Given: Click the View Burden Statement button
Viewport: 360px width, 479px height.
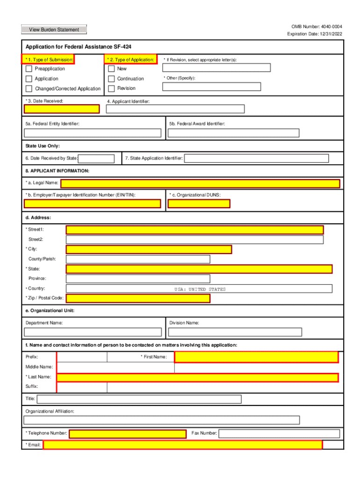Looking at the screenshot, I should coord(54,29).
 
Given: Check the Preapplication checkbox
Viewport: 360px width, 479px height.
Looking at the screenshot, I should coord(29,69).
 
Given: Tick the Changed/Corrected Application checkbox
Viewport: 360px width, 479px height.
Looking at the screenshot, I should coord(29,89).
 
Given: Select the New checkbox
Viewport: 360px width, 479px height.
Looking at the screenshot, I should coord(111,69).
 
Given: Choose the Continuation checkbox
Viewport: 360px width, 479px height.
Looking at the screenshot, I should coord(111,79).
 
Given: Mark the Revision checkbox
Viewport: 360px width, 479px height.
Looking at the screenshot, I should coord(111,88).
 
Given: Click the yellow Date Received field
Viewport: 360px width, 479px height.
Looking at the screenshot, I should coord(62,109).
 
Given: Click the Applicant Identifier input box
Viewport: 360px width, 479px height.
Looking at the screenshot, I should coord(175,109).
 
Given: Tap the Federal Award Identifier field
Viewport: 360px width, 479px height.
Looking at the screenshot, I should coord(233,133).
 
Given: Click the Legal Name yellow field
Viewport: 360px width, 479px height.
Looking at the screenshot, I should coord(200,183).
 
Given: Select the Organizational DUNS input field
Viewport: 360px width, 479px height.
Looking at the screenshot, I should coord(199,203).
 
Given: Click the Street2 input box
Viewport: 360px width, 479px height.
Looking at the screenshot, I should coord(194,239).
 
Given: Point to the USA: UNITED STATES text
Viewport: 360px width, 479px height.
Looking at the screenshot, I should coord(200,289).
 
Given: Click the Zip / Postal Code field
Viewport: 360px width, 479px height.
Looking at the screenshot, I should coord(138,298).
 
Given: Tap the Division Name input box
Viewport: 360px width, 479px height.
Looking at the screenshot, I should coord(235,332).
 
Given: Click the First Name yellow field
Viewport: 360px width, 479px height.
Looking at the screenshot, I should coord(256,357).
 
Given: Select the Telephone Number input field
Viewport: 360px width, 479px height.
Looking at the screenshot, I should coord(129,434).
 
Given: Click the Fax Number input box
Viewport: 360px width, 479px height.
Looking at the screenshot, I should coord(276,434).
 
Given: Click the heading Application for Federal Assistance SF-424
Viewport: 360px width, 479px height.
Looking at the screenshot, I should coord(79,47).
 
